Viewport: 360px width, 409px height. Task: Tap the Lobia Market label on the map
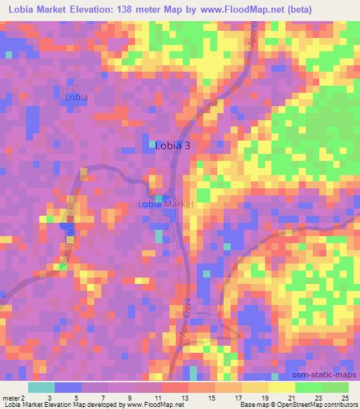166,204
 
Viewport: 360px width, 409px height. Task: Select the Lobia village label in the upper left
76,97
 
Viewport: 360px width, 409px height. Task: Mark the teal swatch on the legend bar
41,387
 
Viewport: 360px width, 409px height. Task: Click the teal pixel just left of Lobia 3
153,144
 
